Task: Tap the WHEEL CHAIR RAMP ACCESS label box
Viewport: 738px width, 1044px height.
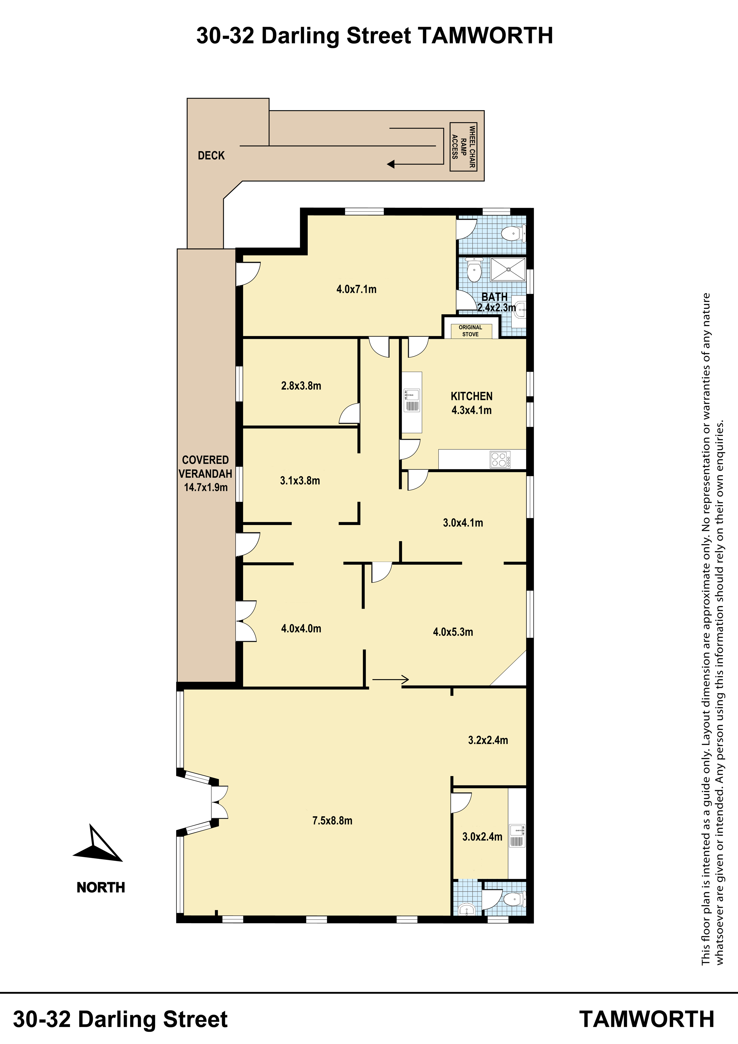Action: coord(463,147)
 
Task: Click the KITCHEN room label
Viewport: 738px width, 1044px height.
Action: coord(472,396)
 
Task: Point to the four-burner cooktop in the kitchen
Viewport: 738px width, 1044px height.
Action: coord(500,459)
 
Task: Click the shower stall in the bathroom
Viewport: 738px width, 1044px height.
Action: coord(508,269)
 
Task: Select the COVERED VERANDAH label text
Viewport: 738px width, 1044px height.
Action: coord(206,467)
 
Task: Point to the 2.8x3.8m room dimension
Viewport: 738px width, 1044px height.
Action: coord(301,386)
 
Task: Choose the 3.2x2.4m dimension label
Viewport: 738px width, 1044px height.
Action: coord(488,740)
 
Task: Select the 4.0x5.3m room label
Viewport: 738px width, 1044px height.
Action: coord(453,632)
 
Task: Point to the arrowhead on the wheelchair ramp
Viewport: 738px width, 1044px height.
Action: coord(391,164)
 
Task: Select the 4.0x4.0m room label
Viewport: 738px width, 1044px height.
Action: coord(301,629)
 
